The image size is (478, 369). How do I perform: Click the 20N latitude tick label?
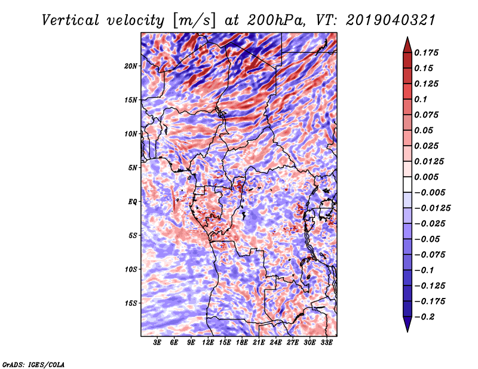point(131,66)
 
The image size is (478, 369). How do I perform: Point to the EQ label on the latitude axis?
point(132,202)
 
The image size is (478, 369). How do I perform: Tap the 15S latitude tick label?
point(131,303)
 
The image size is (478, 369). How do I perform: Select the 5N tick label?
point(133,168)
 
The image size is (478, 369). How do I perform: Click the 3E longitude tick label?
point(158,343)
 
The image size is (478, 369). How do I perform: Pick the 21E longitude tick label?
point(259,343)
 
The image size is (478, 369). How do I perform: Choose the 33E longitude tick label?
point(326,343)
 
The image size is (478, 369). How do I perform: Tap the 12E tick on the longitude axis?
point(208,343)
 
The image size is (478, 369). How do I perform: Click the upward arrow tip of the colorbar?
point(406,39)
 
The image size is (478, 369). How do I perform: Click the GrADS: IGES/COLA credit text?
point(33,364)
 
